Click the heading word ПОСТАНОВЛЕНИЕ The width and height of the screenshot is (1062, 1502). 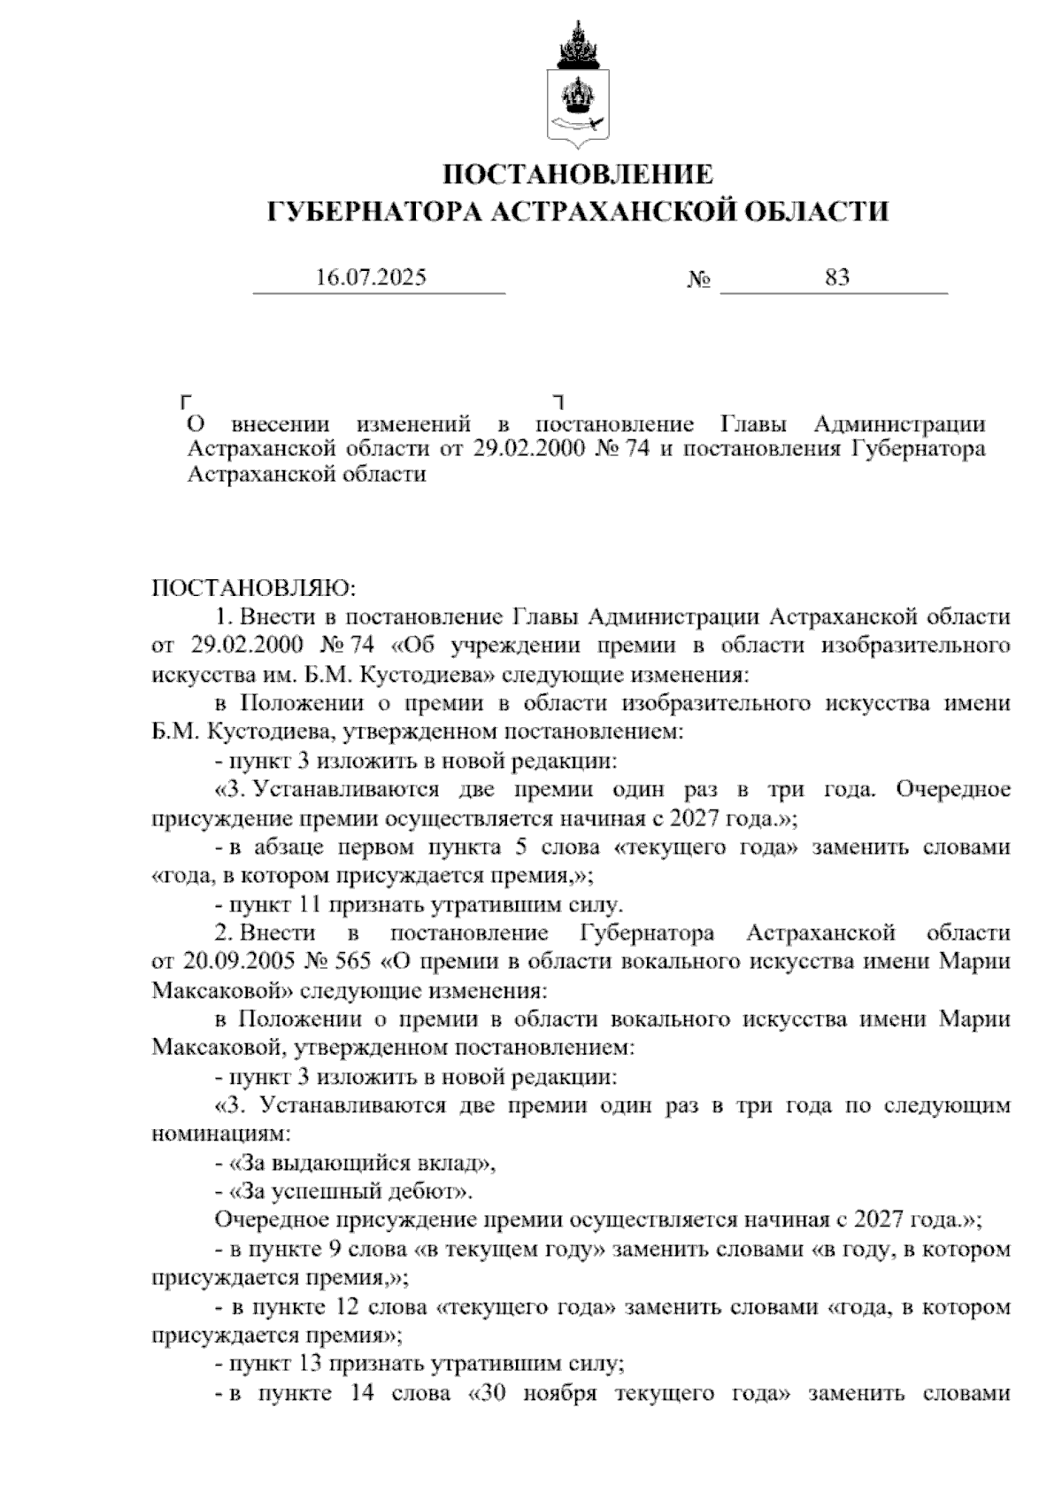pos(578,174)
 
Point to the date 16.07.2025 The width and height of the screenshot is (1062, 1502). pos(371,277)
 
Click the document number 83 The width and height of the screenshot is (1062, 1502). pos(837,277)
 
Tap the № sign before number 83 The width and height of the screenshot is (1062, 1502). pos(699,280)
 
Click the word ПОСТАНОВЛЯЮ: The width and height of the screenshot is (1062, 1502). pos(254,588)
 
